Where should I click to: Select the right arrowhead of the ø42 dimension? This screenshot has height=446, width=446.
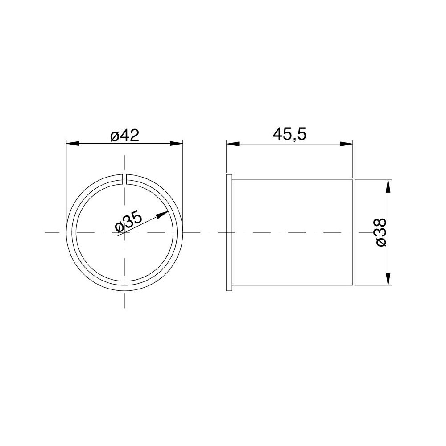click(178, 143)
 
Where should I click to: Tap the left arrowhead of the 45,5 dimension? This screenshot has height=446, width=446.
click(232, 144)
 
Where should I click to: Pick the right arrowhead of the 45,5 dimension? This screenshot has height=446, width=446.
click(347, 144)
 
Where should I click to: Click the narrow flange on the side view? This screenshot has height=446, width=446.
click(230, 232)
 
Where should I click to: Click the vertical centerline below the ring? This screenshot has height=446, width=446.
click(124, 299)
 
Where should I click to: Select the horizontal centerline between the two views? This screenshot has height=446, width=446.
click(203, 232)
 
